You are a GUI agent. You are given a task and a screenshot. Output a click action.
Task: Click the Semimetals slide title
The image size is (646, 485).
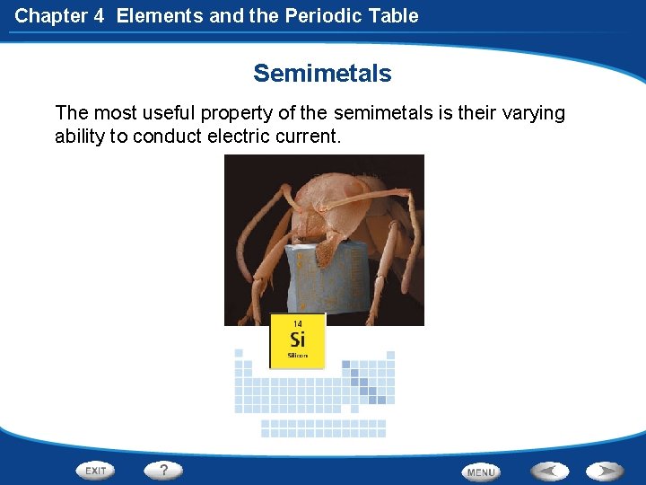[x=322, y=73]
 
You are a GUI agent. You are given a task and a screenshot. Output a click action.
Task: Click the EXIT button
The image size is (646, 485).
[x=95, y=470]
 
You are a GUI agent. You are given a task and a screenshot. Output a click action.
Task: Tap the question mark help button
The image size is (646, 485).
[x=163, y=469]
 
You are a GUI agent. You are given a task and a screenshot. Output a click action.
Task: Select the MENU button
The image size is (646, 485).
[x=481, y=472]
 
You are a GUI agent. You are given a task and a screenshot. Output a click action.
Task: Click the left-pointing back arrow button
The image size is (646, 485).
[x=549, y=470]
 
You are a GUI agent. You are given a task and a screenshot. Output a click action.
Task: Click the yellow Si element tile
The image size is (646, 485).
[x=297, y=340]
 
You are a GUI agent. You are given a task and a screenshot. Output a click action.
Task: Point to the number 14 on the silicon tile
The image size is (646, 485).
[x=297, y=323]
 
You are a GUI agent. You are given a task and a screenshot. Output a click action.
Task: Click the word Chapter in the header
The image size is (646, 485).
[x=50, y=15]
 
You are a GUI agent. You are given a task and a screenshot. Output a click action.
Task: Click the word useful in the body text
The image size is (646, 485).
[x=170, y=113]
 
